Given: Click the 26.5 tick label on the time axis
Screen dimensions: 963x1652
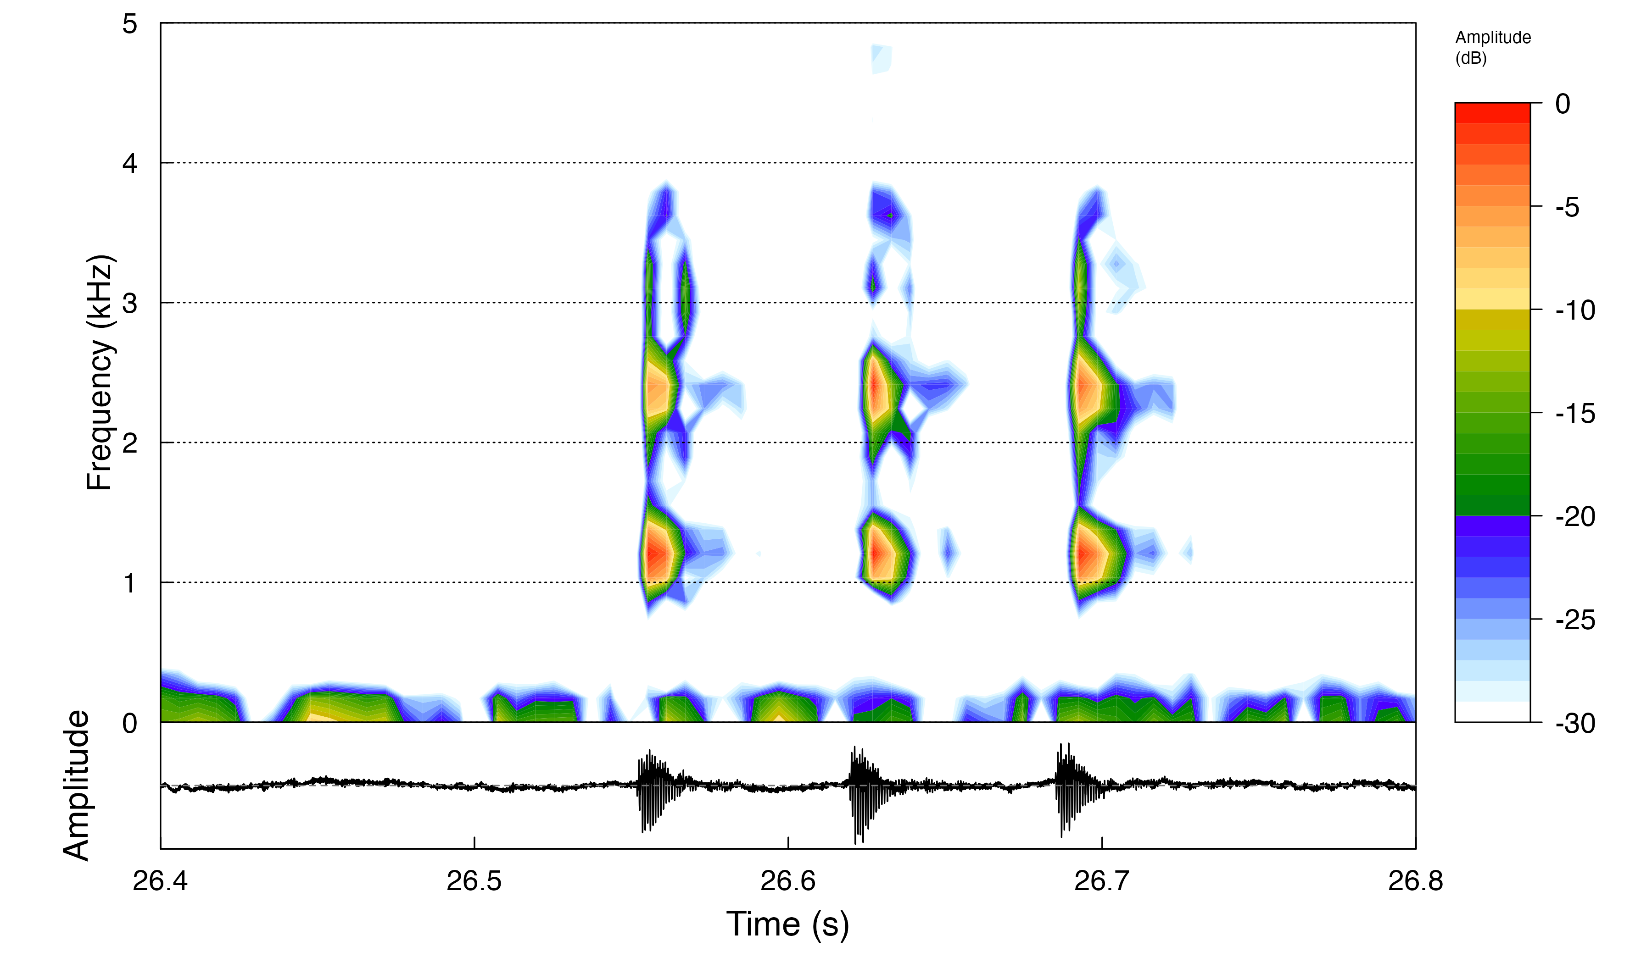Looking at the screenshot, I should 474,881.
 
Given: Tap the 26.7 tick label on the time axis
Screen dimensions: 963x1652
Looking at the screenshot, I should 1101,881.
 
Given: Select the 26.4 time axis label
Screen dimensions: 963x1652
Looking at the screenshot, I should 160,881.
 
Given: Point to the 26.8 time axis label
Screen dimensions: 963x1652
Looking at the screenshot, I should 1415,881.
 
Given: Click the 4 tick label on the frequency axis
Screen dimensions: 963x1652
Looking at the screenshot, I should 130,163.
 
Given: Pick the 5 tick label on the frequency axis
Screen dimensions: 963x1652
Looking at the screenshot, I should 130,24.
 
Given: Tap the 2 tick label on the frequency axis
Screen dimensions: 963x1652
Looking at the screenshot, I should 130,443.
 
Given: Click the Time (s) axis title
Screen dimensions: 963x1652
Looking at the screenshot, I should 787,924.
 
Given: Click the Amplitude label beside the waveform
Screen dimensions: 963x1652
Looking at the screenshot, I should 76,785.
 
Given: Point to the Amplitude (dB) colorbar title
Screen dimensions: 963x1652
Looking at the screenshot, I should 1493,47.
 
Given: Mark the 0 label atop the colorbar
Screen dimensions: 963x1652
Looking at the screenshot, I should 1563,104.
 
